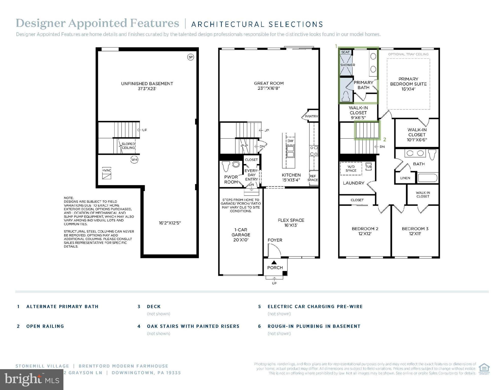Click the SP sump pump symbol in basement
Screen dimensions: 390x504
(190, 57)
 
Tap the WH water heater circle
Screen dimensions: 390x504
(134, 160)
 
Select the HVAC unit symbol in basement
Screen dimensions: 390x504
(107, 173)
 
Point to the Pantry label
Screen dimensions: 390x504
(311, 116)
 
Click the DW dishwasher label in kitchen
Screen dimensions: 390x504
(290, 141)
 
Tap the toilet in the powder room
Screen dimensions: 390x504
(225, 166)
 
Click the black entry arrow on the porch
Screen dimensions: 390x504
(274, 263)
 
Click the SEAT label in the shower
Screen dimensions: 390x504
(345, 52)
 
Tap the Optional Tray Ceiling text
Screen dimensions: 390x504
(408, 54)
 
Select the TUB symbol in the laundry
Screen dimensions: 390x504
(368, 167)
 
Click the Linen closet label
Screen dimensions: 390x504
(405, 178)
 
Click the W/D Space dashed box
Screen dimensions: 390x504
(351, 169)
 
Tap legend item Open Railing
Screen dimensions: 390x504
(45, 326)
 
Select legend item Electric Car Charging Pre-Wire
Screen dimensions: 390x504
(315, 306)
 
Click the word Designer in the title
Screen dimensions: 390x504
(41, 23)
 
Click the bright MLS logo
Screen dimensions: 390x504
(32, 380)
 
